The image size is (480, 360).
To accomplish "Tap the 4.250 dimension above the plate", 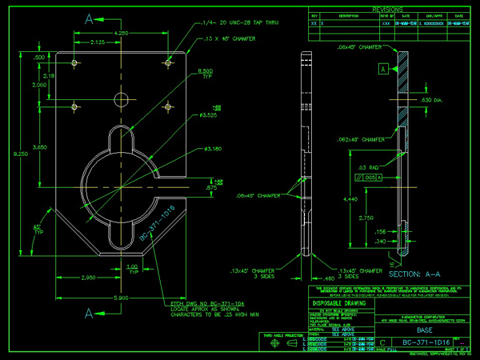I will pos(122,33).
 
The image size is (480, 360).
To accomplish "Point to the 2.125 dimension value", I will pos(99,42).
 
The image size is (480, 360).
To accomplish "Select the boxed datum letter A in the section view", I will pos(383,70).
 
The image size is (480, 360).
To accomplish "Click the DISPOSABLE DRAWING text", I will pos(335,302).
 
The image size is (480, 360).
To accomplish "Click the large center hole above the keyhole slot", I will pos(121,100).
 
